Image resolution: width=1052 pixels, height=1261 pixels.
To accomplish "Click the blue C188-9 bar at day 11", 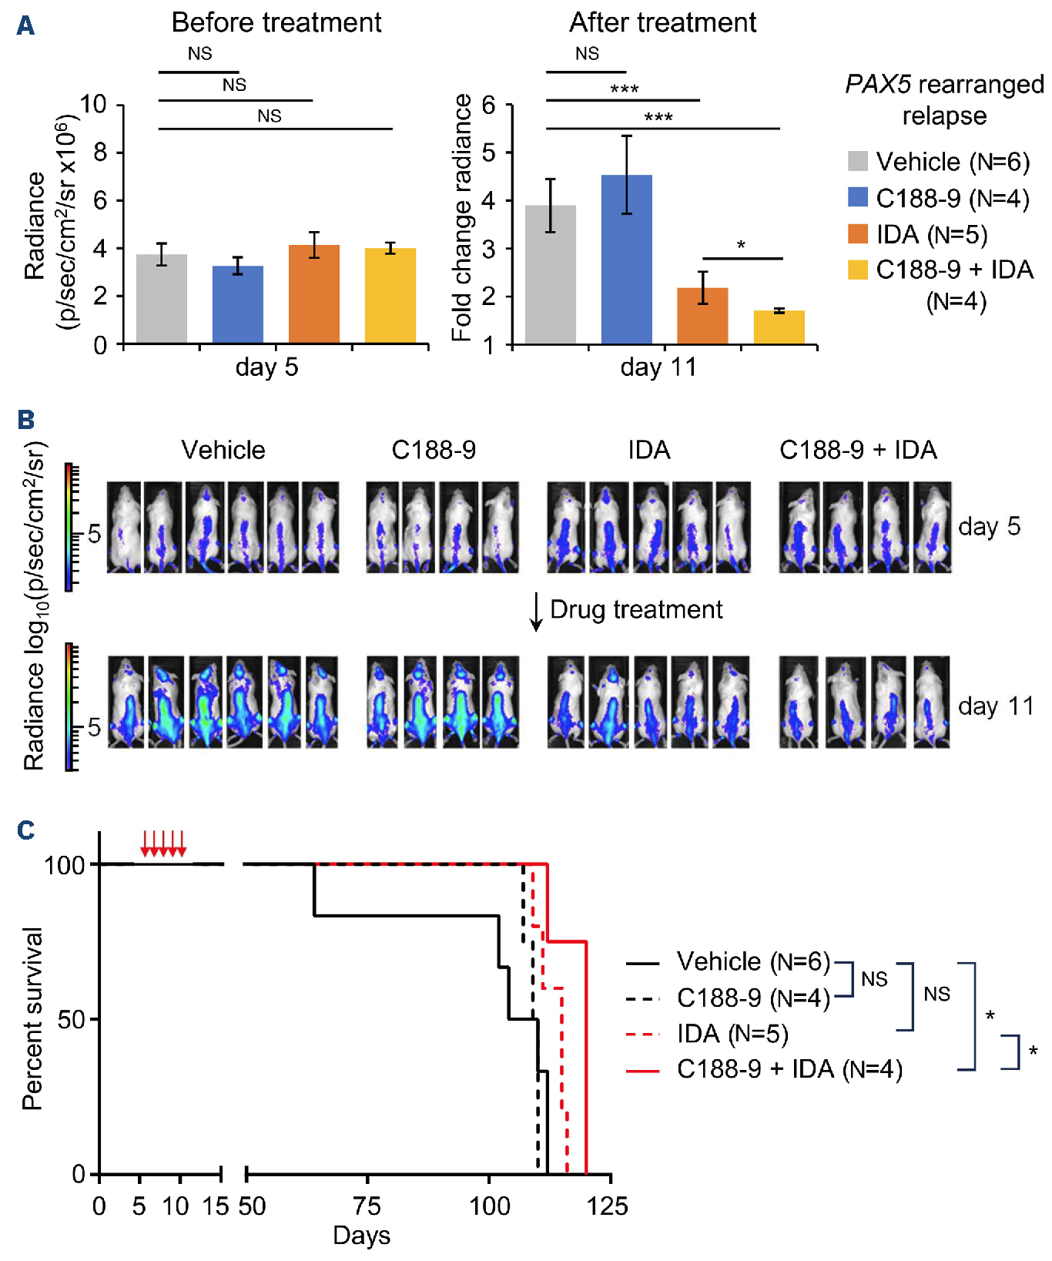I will coord(626,259).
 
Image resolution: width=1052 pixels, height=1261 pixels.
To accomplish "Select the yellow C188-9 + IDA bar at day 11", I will coord(779,327).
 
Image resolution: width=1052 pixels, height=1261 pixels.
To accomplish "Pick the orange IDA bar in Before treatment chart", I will coord(313,293).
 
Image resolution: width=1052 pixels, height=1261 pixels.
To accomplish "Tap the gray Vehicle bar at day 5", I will coord(161,298).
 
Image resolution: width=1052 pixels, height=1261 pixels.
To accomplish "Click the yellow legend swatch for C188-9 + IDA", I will coord(857,270).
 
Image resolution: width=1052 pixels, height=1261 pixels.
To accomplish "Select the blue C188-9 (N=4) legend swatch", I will coord(857,197).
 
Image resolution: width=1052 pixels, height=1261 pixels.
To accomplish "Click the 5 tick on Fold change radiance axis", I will coord(488,152).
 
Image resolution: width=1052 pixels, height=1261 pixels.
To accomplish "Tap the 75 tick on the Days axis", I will coord(367,1205).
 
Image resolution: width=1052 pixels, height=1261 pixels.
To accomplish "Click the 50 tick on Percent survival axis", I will coord(72,1019).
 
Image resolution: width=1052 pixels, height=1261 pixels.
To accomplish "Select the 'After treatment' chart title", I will coord(662,23).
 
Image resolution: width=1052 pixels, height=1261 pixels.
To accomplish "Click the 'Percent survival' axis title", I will coord(32,1018).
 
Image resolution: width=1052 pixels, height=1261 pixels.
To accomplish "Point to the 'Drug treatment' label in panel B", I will coord(636,609).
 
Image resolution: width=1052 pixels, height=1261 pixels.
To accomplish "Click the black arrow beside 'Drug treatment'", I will coord(536,613).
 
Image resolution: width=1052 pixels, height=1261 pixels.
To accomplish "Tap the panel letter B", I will coord(25,420).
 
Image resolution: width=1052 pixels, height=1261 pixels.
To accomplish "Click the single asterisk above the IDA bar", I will coord(741,246).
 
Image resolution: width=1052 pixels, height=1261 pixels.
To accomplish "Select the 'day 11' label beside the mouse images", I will coord(996,706).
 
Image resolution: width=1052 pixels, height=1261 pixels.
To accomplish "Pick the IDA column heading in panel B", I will coord(648,450).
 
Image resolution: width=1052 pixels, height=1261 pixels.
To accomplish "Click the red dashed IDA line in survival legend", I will coord(642,1034).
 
